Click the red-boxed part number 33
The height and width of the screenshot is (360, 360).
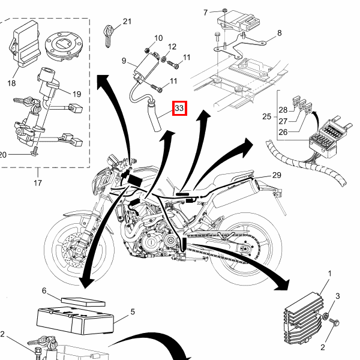[x=179, y=108]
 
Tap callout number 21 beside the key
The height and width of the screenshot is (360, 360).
[x=127, y=22]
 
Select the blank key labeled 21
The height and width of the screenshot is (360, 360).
[x=108, y=36]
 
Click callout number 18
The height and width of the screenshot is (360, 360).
[x=11, y=83]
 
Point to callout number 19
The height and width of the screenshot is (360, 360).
[x=77, y=94]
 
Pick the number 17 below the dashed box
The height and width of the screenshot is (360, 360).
[x=38, y=183]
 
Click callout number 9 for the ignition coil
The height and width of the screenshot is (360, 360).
[x=124, y=61]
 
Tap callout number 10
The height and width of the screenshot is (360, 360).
[x=158, y=38]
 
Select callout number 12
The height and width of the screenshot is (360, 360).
[x=172, y=47]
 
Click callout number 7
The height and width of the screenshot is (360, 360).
[x=205, y=13]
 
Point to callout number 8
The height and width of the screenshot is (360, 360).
[x=279, y=33]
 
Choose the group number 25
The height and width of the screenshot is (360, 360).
[x=267, y=116]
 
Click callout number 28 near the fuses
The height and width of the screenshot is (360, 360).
[x=283, y=110]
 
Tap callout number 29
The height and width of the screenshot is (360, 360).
[x=277, y=175]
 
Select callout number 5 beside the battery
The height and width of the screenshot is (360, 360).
[x=133, y=312]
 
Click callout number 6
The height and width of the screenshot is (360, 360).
[x=44, y=290]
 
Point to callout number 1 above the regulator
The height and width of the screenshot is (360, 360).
[x=329, y=274]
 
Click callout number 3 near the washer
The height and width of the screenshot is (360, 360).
[x=337, y=296]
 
